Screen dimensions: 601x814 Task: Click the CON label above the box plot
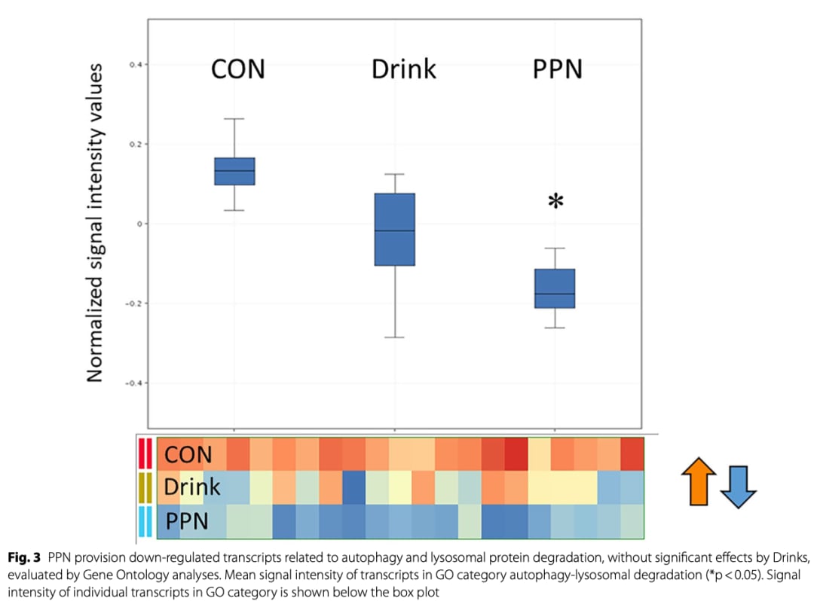coord(238,70)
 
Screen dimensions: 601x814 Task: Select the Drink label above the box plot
coord(404,70)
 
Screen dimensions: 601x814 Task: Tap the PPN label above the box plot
coord(558,70)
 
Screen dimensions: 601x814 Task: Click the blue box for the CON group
coord(234,171)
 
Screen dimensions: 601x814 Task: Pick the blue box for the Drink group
coord(395,229)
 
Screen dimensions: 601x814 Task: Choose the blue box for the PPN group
coord(555,288)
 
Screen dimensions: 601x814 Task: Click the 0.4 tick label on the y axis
coord(135,65)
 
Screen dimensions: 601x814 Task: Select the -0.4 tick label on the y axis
coord(133,383)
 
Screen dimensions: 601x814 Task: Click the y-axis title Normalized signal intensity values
coord(95,223)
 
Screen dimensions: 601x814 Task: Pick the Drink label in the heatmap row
coord(192,487)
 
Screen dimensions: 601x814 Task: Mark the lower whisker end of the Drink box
coord(395,337)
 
